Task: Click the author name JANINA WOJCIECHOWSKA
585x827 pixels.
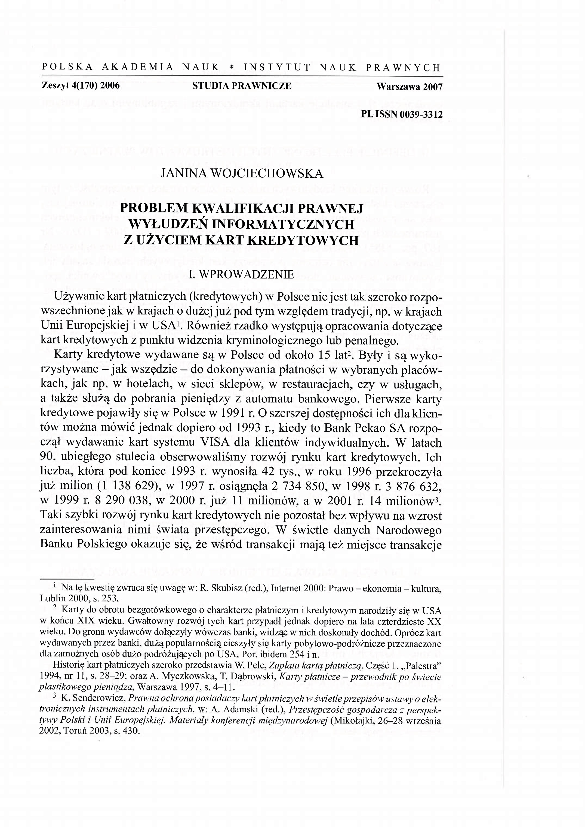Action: (242, 174)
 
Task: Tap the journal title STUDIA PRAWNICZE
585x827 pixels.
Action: (242, 86)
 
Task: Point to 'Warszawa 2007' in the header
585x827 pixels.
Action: (409, 87)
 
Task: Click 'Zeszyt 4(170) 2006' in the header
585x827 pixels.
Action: (81, 86)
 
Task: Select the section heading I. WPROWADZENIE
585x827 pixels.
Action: (241, 274)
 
